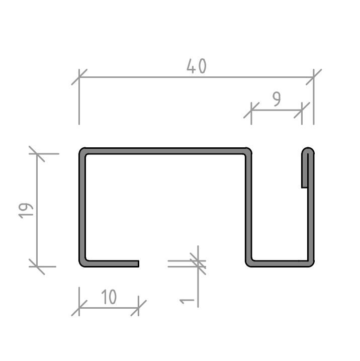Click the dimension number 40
[x=197, y=66]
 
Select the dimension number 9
[x=277, y=99]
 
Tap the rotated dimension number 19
[x=26, y=211]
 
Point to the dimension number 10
[x=109, y=297]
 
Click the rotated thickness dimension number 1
[x=187, y=301]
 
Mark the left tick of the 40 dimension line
[x=79, y=77]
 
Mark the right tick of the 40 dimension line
[x=314, y=77]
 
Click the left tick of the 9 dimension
[x=251, y=110]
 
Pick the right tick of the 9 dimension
[x=302, y=110]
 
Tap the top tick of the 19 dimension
[x=37, y=154]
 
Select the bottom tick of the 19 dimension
[x=37, y=266]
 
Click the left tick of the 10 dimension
[x=79, y=308]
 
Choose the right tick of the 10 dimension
[x=139, y=308]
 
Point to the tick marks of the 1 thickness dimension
[x=198, y=264]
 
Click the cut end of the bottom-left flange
[x=139, y=264]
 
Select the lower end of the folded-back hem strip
[x=305, y=188]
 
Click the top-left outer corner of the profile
[x=80, y=149]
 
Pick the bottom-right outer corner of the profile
[x=313, y=265]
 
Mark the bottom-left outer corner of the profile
[x=80, y=265]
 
